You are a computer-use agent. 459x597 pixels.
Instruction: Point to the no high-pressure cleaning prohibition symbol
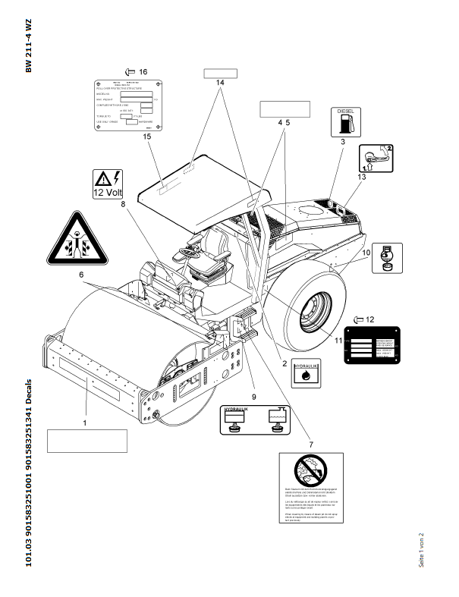pyautogui.click(x=310, y=473)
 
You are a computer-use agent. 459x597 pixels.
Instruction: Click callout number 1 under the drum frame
pyautogui.click(x=85, y=421)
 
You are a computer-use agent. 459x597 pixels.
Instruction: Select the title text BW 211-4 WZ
pyautogui.click(x=29, y=46)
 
